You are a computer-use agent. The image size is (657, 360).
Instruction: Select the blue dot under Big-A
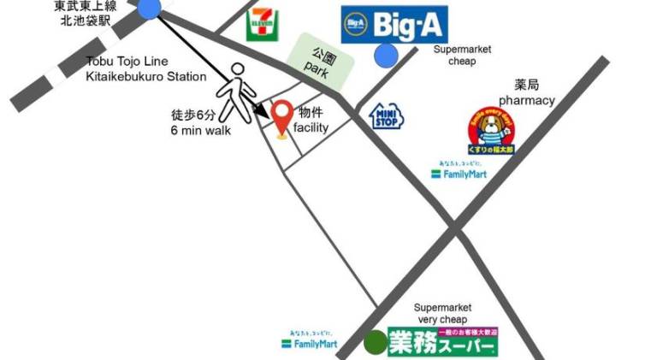click(x=386, y=56)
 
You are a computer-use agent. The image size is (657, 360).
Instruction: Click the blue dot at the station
click(x=149, y=9)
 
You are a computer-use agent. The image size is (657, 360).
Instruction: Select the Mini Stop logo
click(x=386, y=115)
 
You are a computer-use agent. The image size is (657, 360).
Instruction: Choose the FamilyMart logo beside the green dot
click(x=309, y=343)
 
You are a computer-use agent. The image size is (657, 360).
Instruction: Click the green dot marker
click(x=375, y=343)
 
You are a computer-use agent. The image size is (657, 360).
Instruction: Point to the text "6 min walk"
click(x=200, y=130)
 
